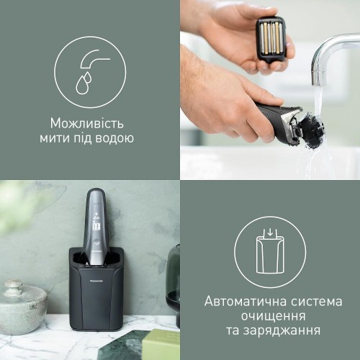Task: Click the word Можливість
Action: (87, 123)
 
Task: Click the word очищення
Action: (274, 316)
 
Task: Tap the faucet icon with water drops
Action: (90, 72)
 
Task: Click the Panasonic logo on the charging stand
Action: (96, 281)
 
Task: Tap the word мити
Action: (53, 138)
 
